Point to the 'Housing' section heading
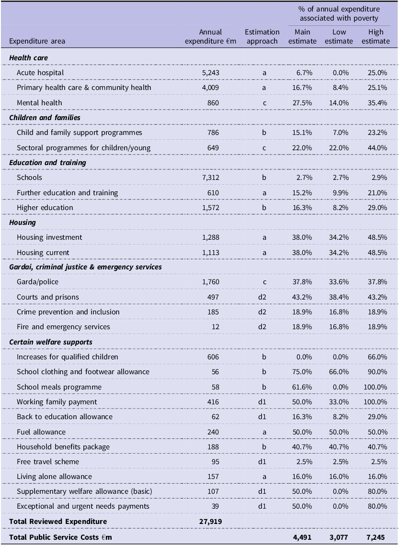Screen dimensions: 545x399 (23, 222)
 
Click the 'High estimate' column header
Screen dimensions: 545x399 (376, 36)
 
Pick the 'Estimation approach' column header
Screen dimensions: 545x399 (262, 36)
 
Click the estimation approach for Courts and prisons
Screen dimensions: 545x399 (262, 297)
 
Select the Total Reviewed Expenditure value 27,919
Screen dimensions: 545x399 (210, 522)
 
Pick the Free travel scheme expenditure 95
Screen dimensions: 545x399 (215, 462)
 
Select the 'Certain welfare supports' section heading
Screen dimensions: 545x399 (51, 342)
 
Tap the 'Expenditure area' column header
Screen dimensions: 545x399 (37, 41)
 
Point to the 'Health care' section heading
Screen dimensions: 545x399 (29, 58)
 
